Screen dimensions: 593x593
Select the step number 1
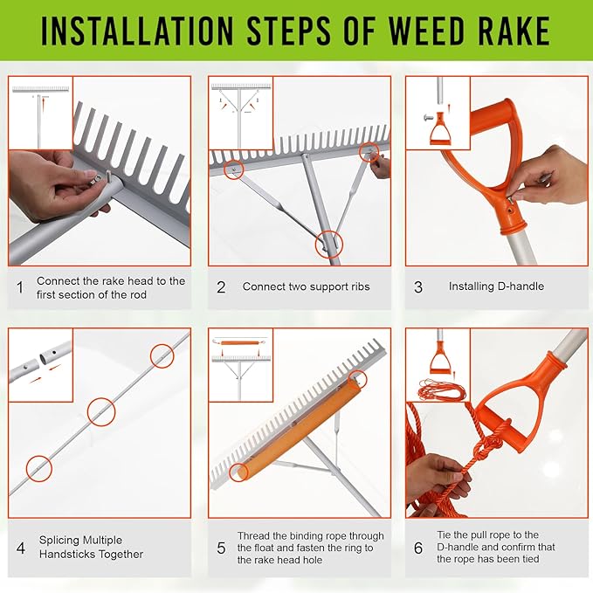tap(21, 286)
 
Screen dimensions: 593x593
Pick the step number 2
tap(221, 286)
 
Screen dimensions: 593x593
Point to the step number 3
tap(418, 286)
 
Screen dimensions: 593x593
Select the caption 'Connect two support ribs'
tap(306, 286)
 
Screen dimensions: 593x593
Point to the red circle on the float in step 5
tap(356, 377)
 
